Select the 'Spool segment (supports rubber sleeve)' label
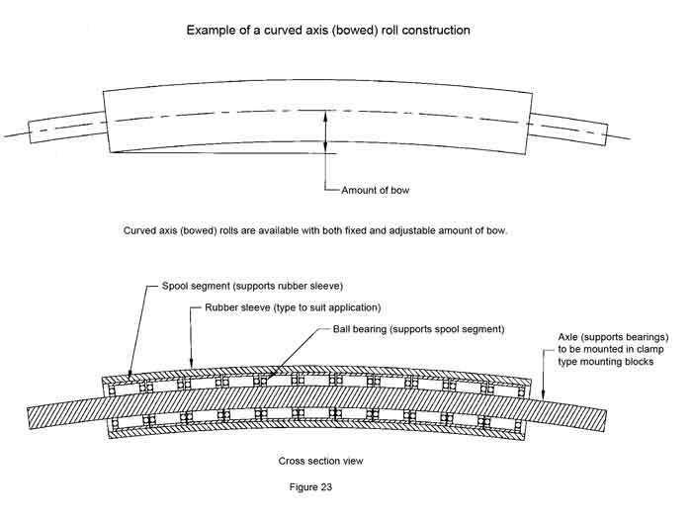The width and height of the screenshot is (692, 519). pos(251,286)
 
